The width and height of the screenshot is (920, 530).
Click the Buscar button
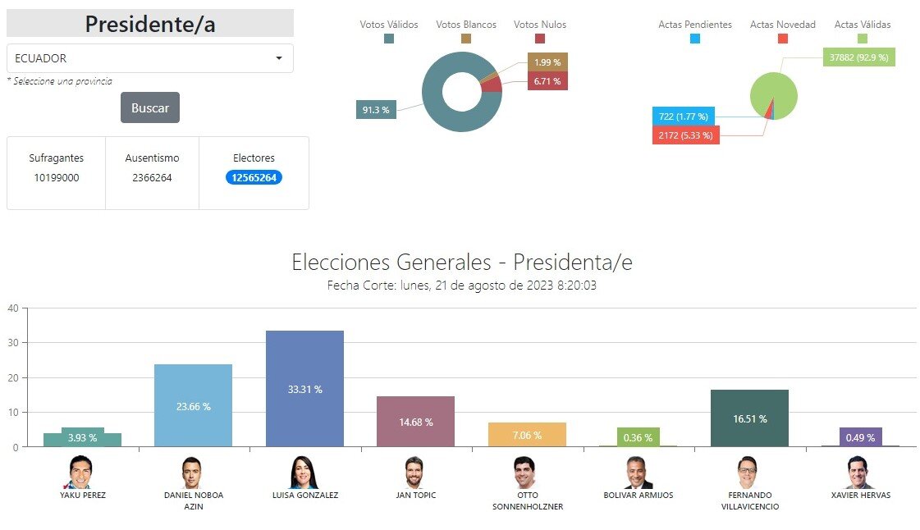[x=150, y=107]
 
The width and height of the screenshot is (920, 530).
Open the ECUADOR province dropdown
[x=150, y=58]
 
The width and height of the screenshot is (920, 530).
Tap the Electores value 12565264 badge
[x=254, y=178]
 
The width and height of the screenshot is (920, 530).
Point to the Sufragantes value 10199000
[x=57, y=178]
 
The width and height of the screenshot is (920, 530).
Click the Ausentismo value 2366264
[x=152, y=178]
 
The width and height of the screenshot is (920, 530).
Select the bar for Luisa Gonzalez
[x=304, y=389]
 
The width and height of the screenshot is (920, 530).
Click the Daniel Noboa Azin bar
[x=193, y=406]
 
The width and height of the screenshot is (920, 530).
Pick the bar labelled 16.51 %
[x=749, y=418]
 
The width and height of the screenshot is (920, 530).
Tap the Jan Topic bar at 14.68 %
[x=415, y=422]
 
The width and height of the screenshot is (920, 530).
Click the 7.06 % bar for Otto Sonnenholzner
[x=527, y=435]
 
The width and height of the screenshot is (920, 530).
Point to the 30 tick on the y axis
[x=13, y=343]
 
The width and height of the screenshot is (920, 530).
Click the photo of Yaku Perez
[x=80, y=473]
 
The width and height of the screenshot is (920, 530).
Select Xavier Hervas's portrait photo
[x=859, y=473]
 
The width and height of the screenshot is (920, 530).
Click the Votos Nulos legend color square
[x=540, y=39]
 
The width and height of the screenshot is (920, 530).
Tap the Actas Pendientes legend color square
[x=694, y=39]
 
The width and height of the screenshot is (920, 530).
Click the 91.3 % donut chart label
[x=376, y=110]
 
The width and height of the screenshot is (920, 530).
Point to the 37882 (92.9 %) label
[x=859, y=57]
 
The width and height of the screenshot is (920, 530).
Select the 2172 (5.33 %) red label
[x=686, y=135]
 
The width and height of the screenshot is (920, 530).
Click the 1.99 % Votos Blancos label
[x=547, y=62]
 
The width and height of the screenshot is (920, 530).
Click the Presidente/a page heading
[x=150, y=24]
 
